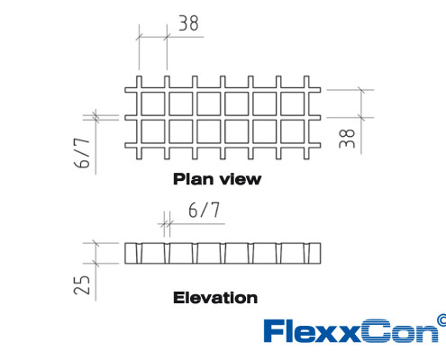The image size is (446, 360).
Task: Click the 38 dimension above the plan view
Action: (188, 23)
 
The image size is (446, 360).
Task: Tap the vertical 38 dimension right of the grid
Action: (347, 139)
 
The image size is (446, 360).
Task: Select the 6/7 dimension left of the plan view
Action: (82, 153)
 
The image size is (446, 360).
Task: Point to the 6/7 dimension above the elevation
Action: (204, 210)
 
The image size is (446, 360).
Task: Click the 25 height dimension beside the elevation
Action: (82, 284)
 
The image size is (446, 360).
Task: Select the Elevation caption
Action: (215, 298)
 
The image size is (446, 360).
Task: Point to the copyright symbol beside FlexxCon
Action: (441, 320)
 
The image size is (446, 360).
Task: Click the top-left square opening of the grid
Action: (153, 103)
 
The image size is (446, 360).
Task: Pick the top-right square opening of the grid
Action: (293, 103)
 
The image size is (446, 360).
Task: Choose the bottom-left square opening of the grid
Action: (153, 131)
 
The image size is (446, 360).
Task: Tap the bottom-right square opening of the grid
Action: (293, 131)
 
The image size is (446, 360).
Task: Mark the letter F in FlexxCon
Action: (274, 330)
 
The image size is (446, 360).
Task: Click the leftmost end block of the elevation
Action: (131, 253)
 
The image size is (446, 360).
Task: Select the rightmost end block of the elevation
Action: (314, 253)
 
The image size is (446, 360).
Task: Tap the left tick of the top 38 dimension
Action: (139, 37)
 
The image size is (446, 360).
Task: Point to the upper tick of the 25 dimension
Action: (96, 243)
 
